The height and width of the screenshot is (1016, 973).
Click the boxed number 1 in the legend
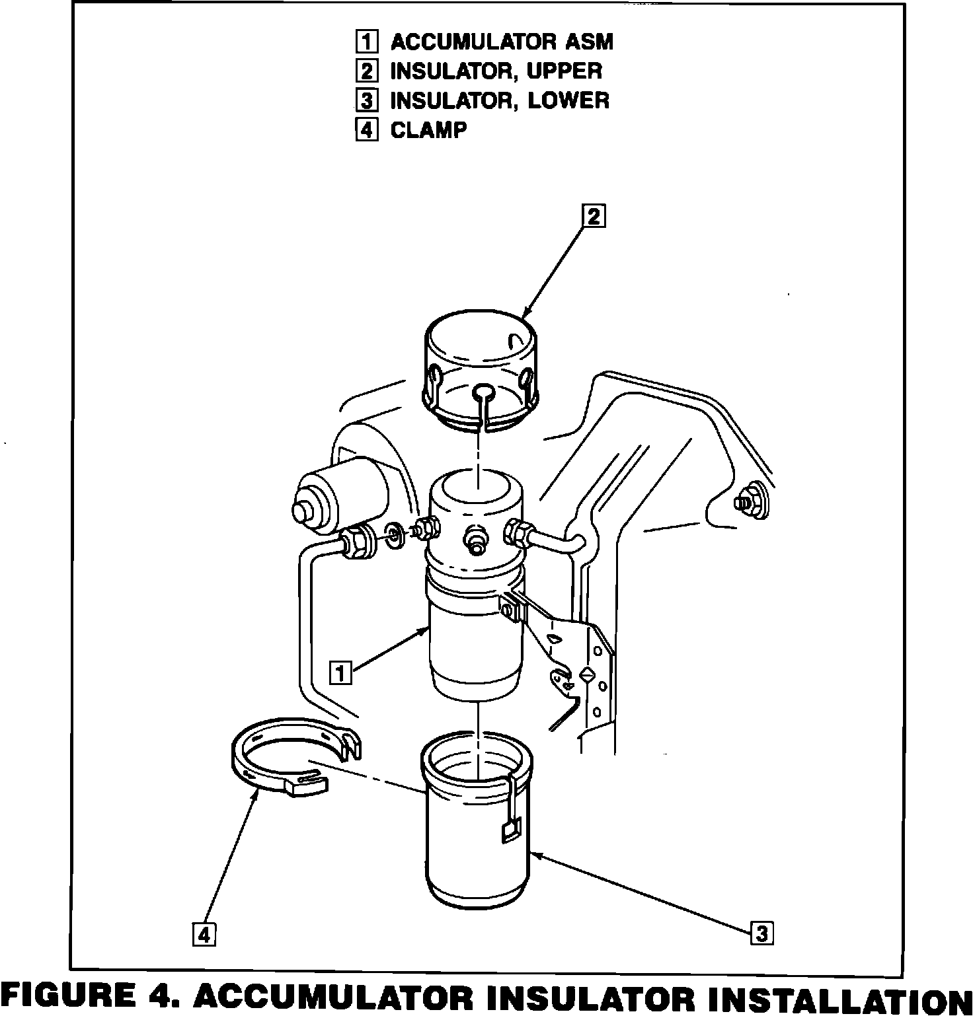tap(366, 42)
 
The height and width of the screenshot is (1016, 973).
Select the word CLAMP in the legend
tap(428, 129)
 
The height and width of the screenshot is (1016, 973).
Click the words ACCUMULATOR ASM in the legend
tap(502, 42)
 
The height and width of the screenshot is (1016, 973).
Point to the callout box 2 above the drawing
tap(593, 216)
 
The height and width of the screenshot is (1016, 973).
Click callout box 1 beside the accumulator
tap(341, 673)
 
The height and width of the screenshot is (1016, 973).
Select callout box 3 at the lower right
tap(761, 934)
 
